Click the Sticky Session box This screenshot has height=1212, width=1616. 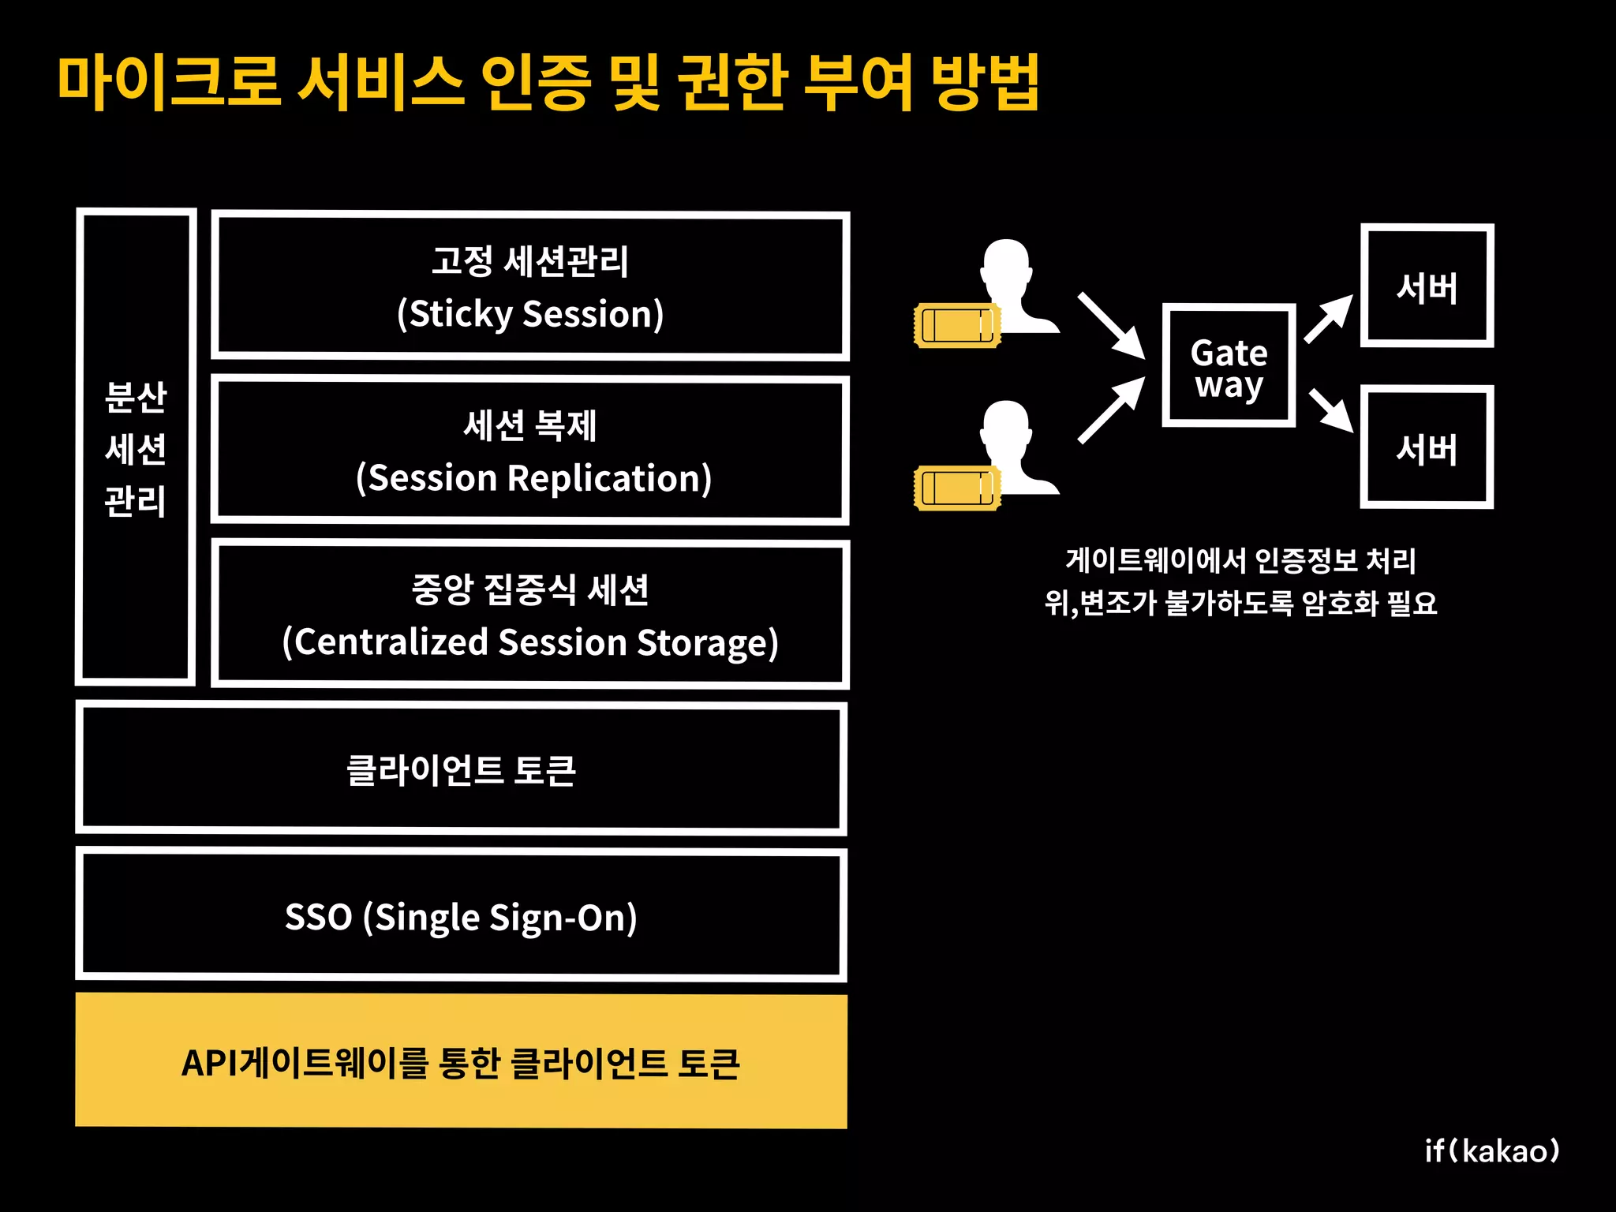coord(530,286)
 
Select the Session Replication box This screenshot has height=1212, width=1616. coord(530,450)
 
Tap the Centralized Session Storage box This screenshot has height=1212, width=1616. coord(530,614)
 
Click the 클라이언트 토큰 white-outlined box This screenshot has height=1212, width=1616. coord(462,769)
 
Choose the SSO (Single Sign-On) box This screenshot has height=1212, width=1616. coord(462,915)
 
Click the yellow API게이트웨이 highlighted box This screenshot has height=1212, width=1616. coord(462,1060)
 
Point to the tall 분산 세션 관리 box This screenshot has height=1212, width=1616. coord(136,447)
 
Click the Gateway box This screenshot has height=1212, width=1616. coord(1229,365)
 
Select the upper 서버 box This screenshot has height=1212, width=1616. coord(1427,286)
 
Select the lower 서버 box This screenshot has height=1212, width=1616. coord(1427,447)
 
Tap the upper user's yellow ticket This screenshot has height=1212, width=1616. coord(956,325)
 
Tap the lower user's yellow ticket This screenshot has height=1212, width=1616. coord(956,488)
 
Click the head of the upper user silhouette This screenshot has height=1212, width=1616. coord(1006,264)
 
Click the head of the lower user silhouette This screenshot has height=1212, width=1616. coord(1006,426)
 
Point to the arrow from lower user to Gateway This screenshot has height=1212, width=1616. coord(1111,410)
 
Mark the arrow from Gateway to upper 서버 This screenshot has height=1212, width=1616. coord(1329,319)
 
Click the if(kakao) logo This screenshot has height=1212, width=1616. coord(1491,1151)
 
